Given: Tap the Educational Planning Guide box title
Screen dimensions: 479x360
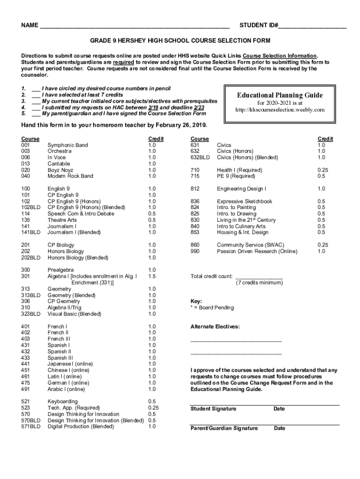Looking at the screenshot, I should tap(280, 95).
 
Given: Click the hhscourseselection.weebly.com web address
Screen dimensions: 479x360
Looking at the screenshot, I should tap(280, 110).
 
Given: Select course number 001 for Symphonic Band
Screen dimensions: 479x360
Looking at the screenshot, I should tap(26, 145).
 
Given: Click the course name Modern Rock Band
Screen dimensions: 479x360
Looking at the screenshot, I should tap(70, 176).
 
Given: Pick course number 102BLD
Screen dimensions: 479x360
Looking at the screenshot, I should tap(30, 207).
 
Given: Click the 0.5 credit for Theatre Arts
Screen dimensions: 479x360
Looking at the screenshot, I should tap(152, 220).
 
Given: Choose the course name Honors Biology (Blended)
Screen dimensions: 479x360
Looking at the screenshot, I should tap(78, 257).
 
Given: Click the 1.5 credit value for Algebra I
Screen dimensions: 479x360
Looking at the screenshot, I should tap(152, 276).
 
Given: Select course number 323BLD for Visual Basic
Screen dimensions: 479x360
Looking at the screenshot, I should tap(30, 314).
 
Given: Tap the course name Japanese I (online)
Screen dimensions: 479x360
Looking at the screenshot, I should tap(70, 364).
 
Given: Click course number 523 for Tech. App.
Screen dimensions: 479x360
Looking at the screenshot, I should tap(26, 408).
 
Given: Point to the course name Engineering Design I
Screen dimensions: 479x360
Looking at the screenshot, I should tap(241, 189).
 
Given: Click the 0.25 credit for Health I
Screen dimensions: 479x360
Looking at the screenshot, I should tap(323, 170).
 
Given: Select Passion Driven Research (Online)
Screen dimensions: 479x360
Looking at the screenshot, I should tap(257, 251).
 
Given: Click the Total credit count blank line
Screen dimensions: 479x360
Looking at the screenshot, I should tap(259, 276).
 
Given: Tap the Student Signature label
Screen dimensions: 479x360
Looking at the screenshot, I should tap(213, 409).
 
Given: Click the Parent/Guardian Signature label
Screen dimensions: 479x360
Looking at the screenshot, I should tap(223, 428).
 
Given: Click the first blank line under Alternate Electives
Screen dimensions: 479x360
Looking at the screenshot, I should tap(236, 341).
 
